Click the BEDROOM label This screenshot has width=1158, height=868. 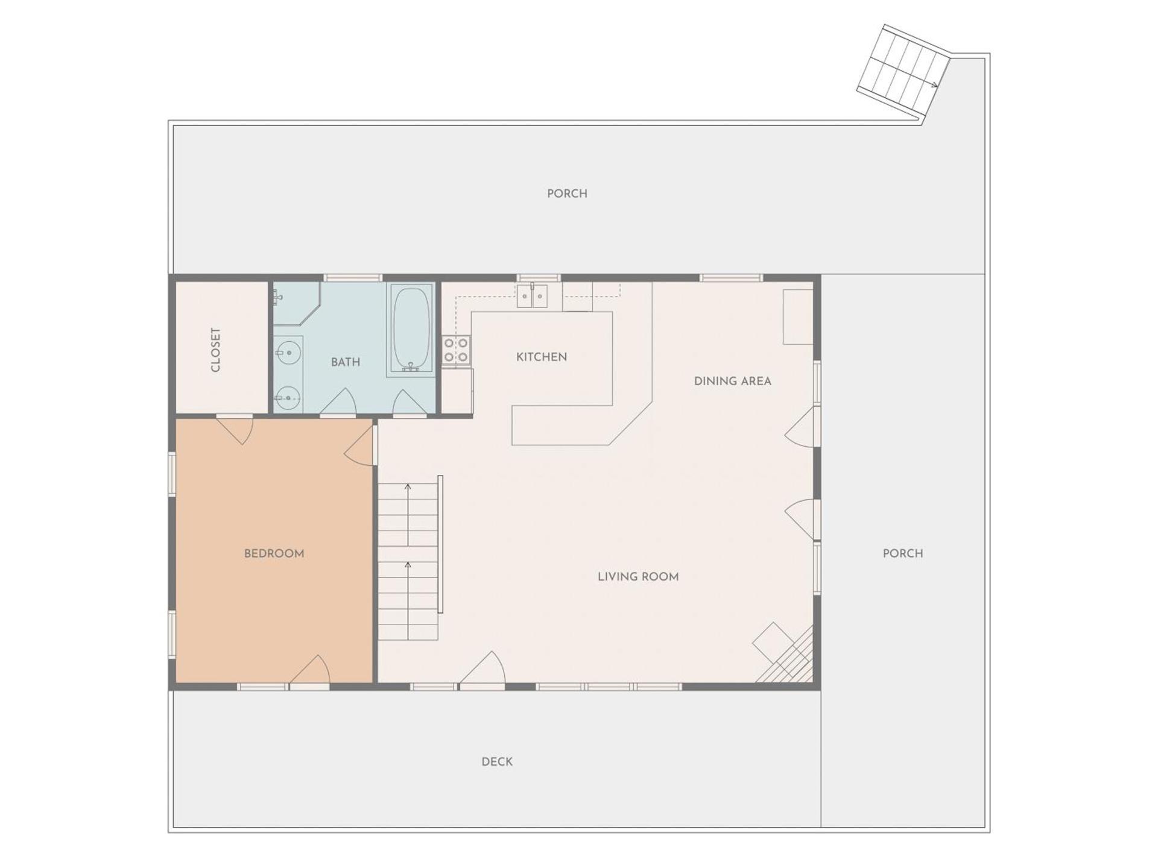[274, 553]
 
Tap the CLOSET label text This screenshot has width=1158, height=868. [216, 350]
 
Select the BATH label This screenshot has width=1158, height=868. [346, 362]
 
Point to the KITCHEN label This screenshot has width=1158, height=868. [542, 357]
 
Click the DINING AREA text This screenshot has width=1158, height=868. [732, 381]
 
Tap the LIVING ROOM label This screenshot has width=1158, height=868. [638, 577]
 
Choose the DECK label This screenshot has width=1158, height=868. [497, 762]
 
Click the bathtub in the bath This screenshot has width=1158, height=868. [412, 329]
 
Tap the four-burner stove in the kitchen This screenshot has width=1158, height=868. [457, 351]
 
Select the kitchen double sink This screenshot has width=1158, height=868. [532, 295]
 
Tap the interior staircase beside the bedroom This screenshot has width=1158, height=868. [408, 561]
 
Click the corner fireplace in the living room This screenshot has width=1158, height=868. [785, 655]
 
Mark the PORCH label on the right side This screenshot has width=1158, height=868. [903, 553]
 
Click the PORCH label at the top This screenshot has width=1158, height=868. [567, 193]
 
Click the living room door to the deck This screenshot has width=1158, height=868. [482, 669]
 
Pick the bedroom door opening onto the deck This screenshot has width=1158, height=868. [310, 671]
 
